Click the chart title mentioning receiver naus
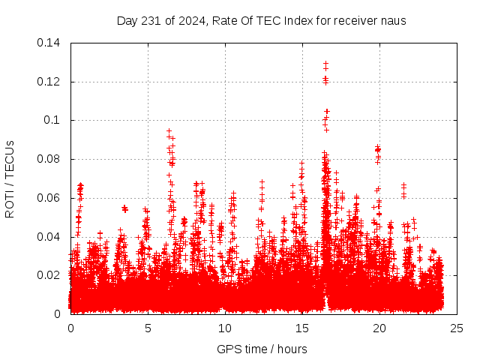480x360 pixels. click(x=261, y=20)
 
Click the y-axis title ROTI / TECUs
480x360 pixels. click(x=10, y=178)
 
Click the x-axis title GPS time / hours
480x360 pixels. click(x=262, y=349)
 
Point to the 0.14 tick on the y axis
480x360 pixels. click(x=49, y=43)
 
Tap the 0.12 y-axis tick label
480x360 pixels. click(x=49, y=81)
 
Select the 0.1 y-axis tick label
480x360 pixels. click(x=54, y=120)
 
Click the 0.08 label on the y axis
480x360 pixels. click(x=49, y=159)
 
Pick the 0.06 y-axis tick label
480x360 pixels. click(x=49, y=198)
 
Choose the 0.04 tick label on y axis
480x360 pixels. click(x=49, y=237)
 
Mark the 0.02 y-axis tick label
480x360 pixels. click(x=49, y=275)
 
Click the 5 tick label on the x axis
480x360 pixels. click(x=148, y=328)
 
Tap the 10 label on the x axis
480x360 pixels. click(x=225, y=328)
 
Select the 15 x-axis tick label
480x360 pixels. click(x=302, y=328)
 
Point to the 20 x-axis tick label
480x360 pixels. click(x=379, y=328)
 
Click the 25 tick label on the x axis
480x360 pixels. click(x=457, y=328)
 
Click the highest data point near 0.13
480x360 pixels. click(x=325, y=64)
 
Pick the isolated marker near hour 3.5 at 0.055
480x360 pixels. click(x=124, y=208)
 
